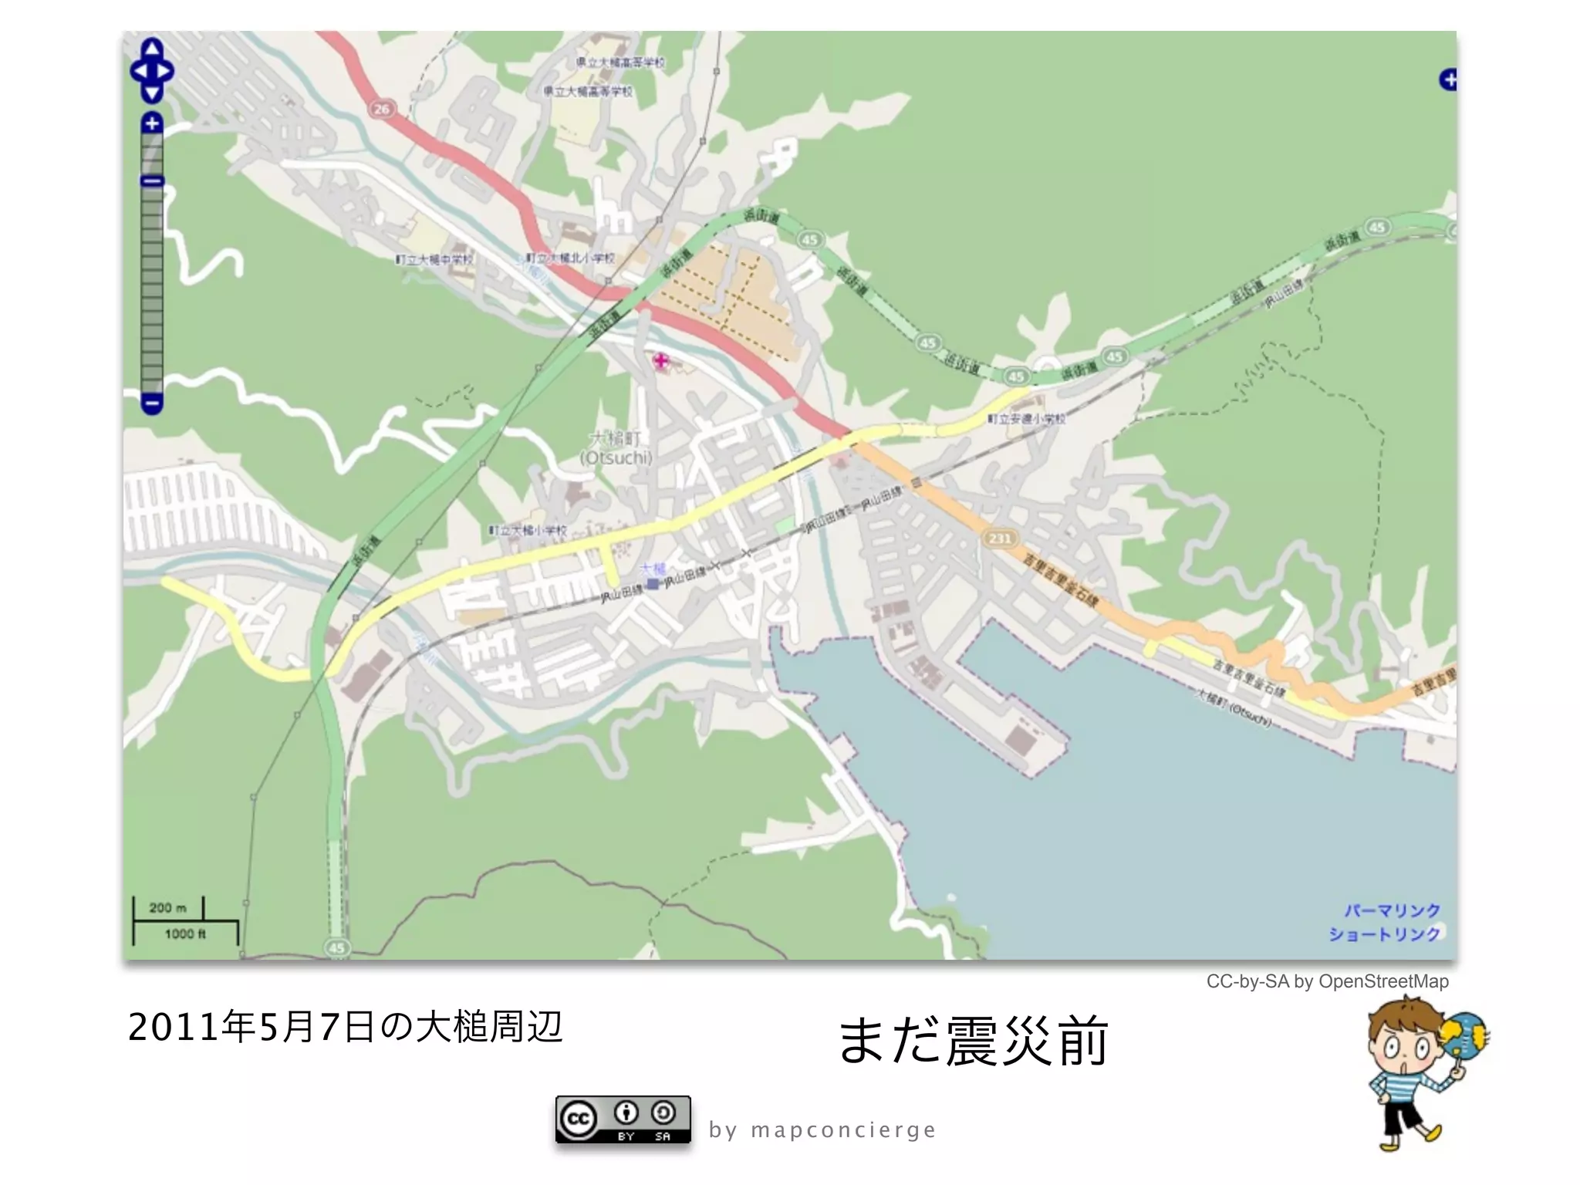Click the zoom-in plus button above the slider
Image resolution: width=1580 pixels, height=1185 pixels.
(x=152, y=123)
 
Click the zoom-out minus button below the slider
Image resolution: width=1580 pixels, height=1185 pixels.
(x=152, y=403)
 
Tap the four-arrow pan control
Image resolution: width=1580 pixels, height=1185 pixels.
(x=152, y=71)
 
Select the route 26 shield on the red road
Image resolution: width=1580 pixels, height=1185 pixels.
(x=382, y=109)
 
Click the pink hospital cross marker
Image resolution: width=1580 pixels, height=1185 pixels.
(x=661, y=360)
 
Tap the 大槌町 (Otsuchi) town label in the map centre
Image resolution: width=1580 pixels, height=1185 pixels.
(x=616, y=448)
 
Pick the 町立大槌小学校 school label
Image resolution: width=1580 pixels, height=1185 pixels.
(x=528, y=531)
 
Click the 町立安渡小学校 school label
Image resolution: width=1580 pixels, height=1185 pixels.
(x=1027, y=418)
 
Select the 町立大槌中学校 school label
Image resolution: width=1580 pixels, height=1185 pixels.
(x=434, y=259)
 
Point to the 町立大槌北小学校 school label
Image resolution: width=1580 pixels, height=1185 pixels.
(x=570, y=258)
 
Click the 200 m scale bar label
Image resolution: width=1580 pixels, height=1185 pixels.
(x=167, y=907)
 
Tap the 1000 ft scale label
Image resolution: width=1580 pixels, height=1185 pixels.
(x=185, y=934)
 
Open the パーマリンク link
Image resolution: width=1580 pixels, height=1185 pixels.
(x=1392, y=911)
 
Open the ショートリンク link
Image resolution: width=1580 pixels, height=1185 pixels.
(x=1384, y=934)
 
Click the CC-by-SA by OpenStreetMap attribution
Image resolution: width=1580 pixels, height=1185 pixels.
(x=1327, y=981)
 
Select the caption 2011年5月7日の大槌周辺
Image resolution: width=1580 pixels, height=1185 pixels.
(x=345, y=1027)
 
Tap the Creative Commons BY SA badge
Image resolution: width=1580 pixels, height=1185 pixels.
(x=623, y=1119)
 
